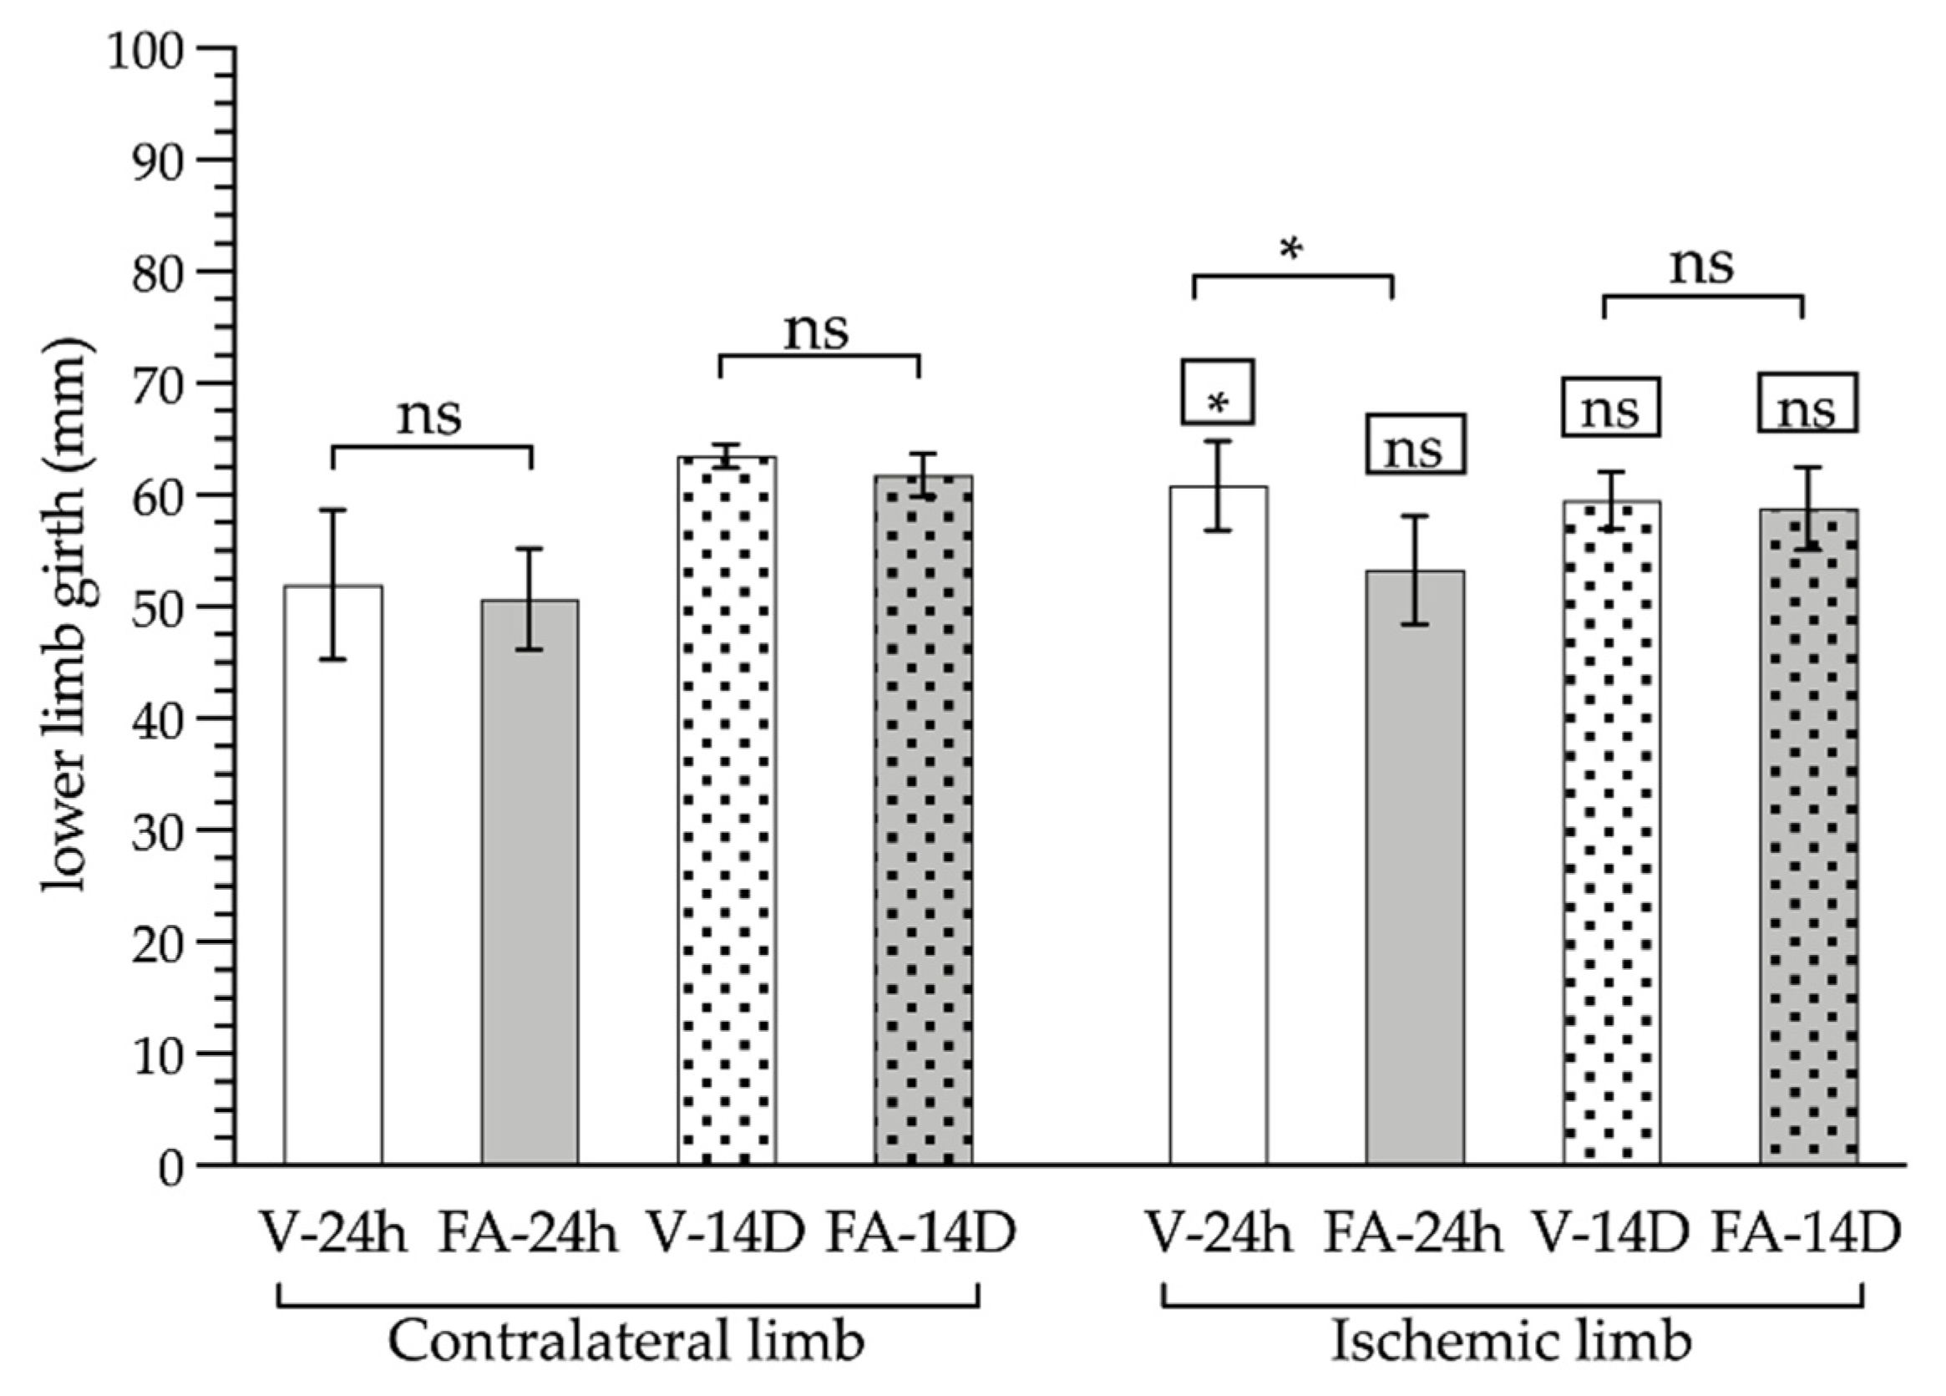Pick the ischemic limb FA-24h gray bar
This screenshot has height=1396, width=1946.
coord(1416,866)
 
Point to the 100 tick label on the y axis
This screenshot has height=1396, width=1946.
coord(146,54)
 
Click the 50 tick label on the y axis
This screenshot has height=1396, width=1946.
coord(158,607)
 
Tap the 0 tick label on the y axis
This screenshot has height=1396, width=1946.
coord(171,1167)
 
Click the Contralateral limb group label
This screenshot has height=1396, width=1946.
coord(626,1340)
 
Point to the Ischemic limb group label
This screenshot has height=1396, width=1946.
coord(1511,1340)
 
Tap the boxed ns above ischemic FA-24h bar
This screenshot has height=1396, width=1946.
coord(1416,445)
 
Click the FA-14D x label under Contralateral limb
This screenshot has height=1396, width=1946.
coord(920,1234)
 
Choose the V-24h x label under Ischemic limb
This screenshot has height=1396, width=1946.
coord(1219,1234)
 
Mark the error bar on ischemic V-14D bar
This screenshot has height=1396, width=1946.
coord(1612,501)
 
